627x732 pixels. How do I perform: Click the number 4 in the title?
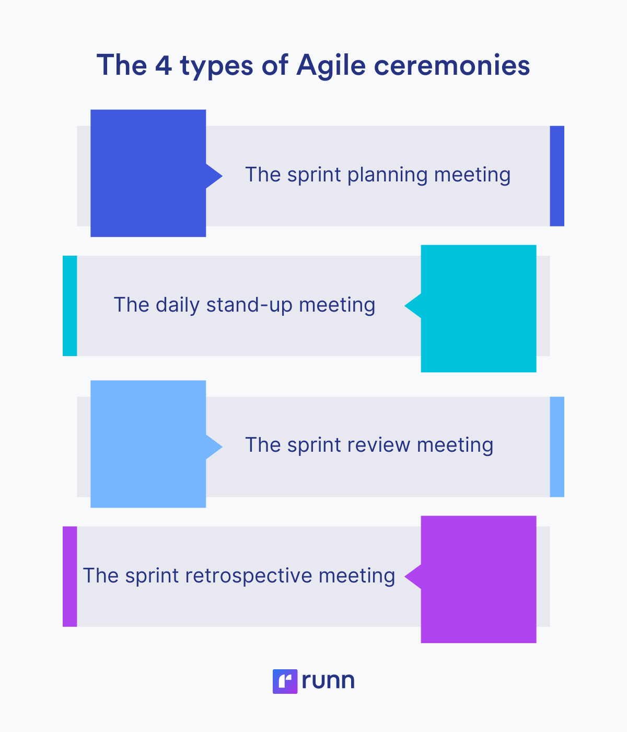pos(163,66)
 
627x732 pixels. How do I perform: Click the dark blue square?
pos(148,173)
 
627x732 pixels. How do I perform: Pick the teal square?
pos(479,308)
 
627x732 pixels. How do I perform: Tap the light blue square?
pos(148,444)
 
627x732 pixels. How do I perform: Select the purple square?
pos(479,579)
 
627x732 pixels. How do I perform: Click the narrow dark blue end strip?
pos(557,176)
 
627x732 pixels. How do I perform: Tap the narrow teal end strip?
pos(69,306)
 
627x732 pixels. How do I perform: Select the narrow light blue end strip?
pos(557,447)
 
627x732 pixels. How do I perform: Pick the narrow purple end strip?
pos(69,576)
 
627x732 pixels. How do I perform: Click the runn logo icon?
pos(285,681)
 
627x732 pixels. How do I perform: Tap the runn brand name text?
pos(328,681)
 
